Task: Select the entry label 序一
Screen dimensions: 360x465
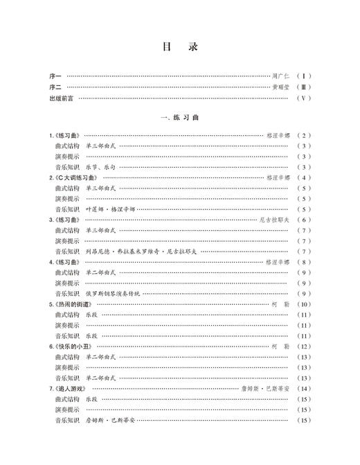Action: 55,76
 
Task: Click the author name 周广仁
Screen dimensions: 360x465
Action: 280,76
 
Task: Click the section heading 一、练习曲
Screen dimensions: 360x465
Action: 179,119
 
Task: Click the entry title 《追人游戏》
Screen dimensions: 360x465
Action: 73,388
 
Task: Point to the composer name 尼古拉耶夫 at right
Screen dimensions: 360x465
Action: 274,220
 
